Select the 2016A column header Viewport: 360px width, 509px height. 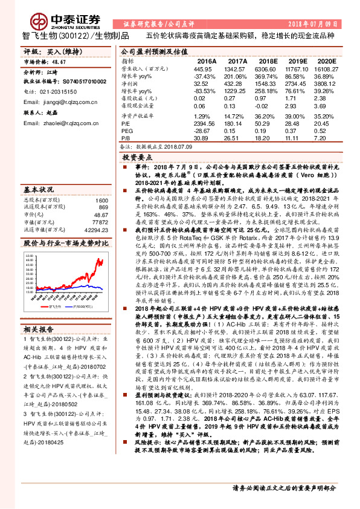point(206,62)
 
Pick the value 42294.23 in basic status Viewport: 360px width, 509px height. point(95,229)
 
